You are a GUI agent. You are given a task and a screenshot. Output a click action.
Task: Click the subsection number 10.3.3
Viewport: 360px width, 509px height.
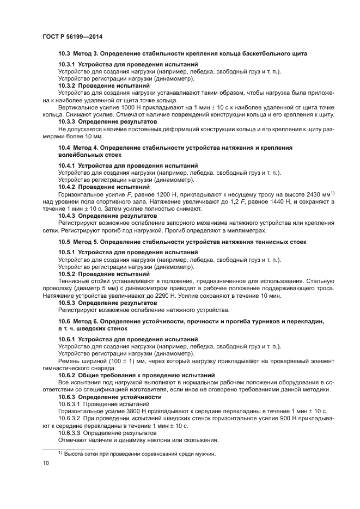point(67,122)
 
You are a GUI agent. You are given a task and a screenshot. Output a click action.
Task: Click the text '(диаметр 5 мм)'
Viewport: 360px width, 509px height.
point(102,288)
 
